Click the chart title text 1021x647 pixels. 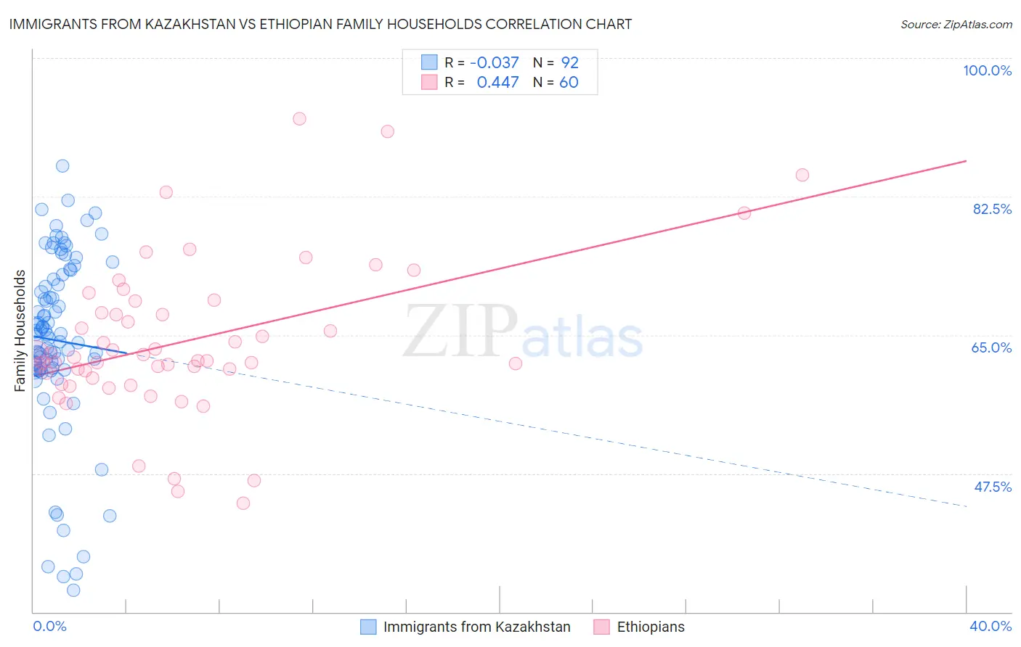320,24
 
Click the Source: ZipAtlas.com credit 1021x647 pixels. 956,24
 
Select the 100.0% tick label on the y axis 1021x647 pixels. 987,70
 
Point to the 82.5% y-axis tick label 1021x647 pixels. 992,209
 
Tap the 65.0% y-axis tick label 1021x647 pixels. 991,347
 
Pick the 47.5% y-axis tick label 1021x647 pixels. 992,487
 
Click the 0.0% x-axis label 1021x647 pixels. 49,626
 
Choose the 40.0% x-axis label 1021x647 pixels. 991,626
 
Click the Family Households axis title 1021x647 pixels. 20,331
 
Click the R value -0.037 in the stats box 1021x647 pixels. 494,62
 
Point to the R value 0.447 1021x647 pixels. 497,83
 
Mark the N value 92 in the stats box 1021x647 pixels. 569,62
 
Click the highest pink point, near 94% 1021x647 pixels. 299,119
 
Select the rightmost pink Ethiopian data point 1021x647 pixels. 802,175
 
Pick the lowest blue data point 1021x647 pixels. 73,590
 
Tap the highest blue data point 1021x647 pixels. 62,166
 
